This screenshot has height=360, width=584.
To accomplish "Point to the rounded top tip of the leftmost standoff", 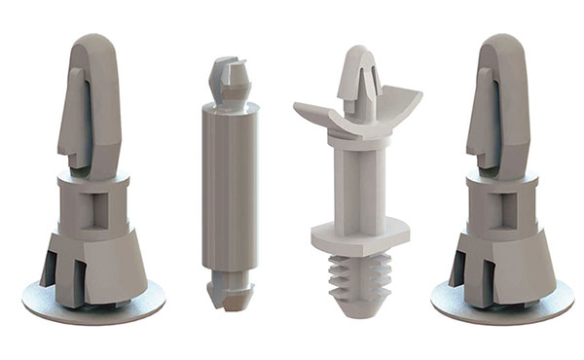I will coord(93,43).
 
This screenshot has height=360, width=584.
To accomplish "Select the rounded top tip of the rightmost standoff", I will coord(503,43).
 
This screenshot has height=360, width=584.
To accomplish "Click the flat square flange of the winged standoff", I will coord(360,235).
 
